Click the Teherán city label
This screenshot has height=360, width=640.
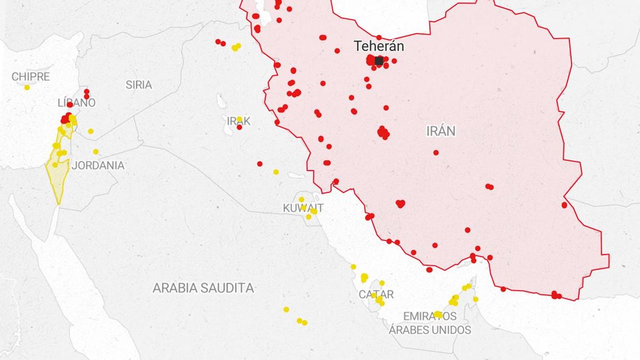379,46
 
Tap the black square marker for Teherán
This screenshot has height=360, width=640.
379,61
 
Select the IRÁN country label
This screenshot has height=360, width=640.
441,131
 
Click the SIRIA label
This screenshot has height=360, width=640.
139,85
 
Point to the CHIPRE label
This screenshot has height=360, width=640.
30,77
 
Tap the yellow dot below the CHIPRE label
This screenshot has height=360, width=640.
27,87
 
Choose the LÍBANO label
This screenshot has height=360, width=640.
76,102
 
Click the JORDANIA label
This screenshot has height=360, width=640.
98,165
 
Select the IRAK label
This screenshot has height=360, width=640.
238,122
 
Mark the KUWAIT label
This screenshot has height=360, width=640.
303,208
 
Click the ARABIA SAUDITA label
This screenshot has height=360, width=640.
203,289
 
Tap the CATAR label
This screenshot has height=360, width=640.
376,294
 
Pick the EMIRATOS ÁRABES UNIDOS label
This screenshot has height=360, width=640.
430,323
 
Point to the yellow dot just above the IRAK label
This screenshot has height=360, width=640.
239,119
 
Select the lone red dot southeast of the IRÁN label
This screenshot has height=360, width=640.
436,153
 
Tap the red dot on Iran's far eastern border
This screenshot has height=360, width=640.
564,205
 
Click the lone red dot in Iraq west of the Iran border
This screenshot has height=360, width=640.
260,164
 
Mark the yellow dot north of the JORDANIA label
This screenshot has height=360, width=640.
96,151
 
